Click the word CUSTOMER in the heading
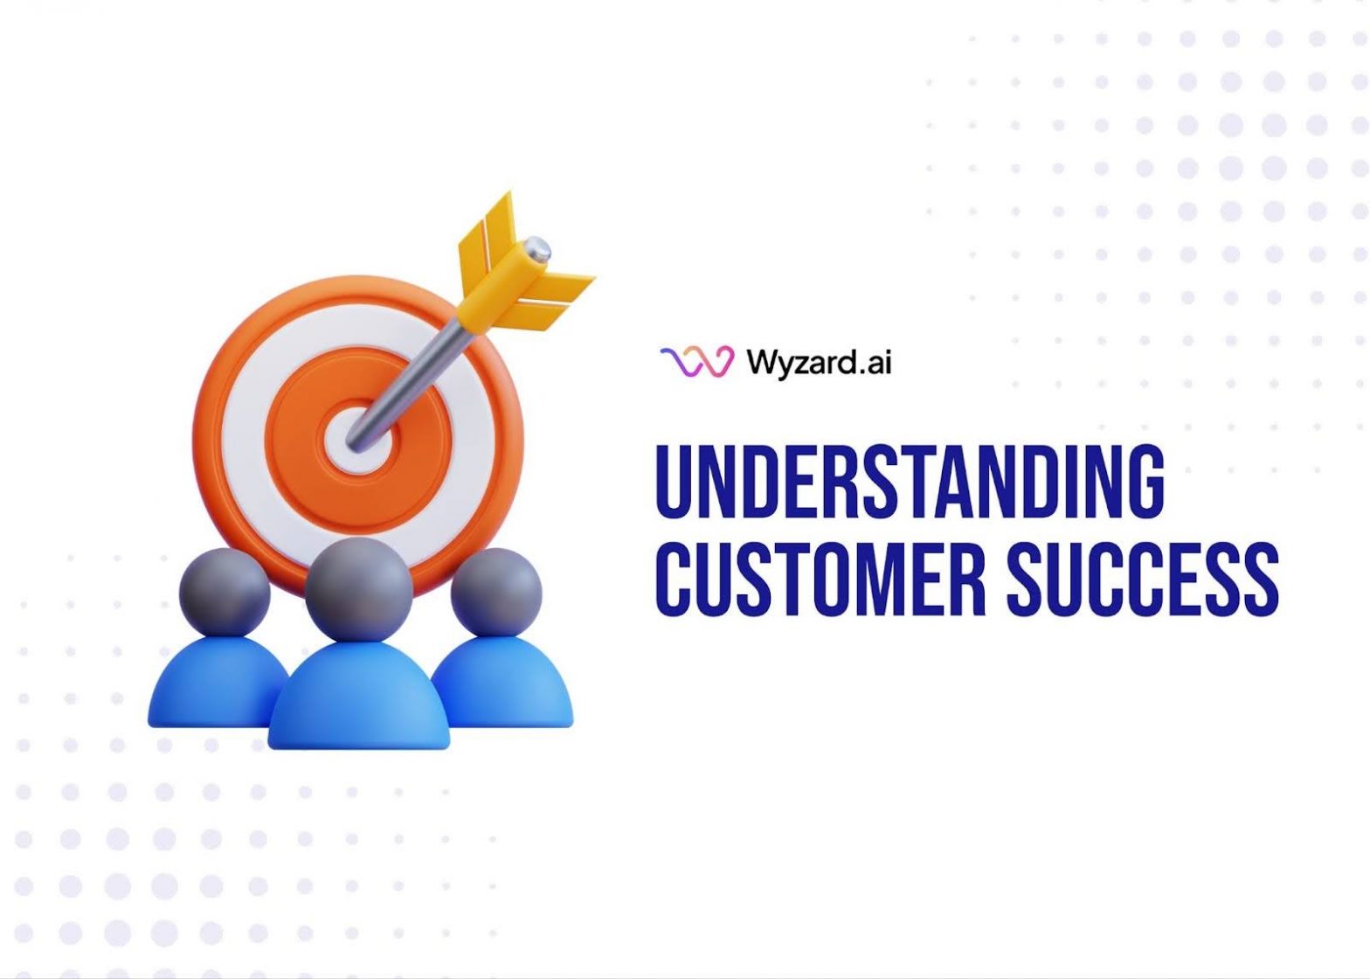[820, 579]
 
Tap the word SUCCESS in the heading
[1143, 579]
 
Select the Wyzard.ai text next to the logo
[819, 361]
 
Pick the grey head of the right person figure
[495, 591]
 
